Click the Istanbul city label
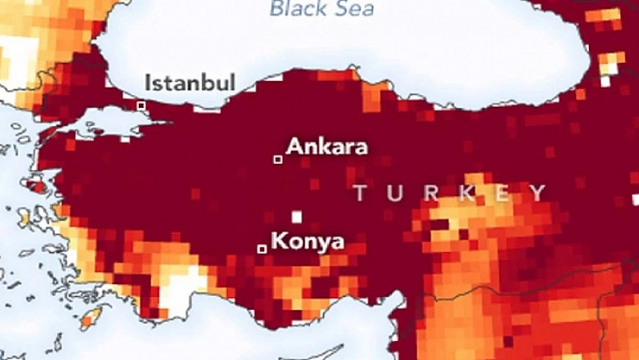(190, 83)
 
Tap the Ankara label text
(326, 146)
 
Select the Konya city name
(307, 241)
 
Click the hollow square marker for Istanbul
(141, 105)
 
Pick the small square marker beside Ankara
(278, 159)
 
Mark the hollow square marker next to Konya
(262, 249)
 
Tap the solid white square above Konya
(297, 217)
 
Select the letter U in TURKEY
(395, 193)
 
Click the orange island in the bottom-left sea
(90, 319)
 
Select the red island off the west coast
(37, 184)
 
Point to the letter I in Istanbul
(149, 83)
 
